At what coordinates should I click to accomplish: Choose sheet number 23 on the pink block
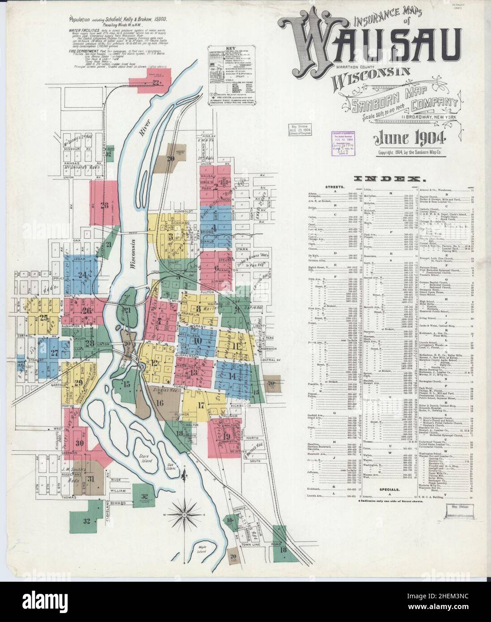(104, 206)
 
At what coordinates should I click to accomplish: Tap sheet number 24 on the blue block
(82, 275)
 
